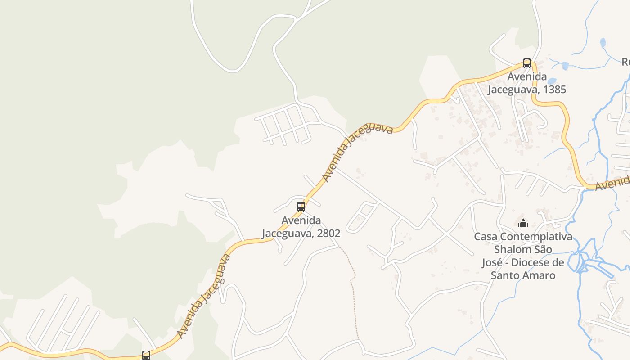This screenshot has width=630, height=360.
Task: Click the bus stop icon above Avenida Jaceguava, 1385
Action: click(527, 63)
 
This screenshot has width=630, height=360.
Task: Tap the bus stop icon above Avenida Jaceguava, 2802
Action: click(301, 207)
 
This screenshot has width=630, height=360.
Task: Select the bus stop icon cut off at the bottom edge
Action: click(146, 355)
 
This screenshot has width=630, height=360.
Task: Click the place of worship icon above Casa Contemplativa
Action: click(523, 223)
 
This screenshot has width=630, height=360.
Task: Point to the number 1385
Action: click(554, 90)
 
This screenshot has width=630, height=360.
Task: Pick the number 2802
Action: click(328, 234)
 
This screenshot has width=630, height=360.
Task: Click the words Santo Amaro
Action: click(523, 275)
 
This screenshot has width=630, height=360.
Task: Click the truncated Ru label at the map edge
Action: click(626, 62)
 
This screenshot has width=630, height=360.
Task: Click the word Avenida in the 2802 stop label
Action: click(301, 220)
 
